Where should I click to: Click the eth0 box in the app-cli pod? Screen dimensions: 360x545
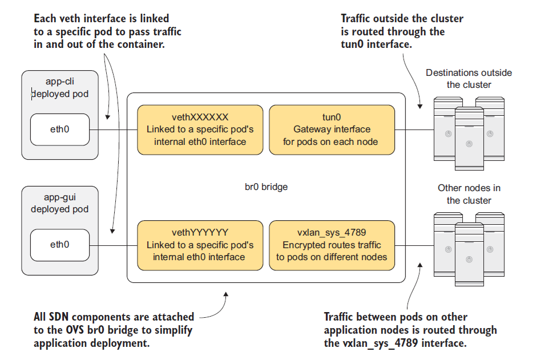[59, 130]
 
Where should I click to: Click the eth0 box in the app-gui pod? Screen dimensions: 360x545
[59, 245]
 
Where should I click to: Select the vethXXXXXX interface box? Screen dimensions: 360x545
[200, 130]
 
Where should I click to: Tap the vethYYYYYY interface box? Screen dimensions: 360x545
[200, 245]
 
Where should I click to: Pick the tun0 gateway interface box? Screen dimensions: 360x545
[331, 130]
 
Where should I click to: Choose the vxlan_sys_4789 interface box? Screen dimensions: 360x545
[331, 245]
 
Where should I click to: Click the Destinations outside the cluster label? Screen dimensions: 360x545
[469, 79]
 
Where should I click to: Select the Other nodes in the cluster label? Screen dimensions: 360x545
[469, 194]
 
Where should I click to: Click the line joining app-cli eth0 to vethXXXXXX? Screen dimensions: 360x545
[113, 130]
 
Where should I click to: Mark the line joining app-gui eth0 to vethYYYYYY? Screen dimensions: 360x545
[113, 245]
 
